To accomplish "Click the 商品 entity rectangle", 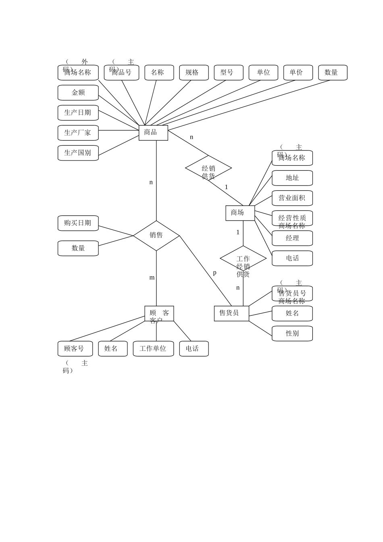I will coord(153,133).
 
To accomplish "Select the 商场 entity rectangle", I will coord(240,213).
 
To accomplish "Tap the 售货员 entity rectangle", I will coord(231,313).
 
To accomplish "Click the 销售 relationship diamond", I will coord(156,236).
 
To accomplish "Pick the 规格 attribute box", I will coord(194,73).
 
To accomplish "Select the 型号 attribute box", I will coord(229,73).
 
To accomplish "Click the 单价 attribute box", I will coord(298,73).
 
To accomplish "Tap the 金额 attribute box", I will coord(78,93).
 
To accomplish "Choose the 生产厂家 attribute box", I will coord(78,133).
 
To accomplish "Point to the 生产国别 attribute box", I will coord(78,153).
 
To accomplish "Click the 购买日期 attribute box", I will coord(78,223).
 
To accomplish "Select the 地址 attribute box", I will coord(292,178).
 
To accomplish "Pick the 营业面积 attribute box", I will coord(292,198).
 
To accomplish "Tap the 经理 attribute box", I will coord(292,238).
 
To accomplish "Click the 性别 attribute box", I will coord(292,334).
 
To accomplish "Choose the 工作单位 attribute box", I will coord(153,349).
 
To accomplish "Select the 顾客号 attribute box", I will coord(75,349).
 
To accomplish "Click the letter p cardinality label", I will coord(214,273).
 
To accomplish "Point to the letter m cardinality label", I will coord(152,278).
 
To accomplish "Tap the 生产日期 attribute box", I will coord(78,113).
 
